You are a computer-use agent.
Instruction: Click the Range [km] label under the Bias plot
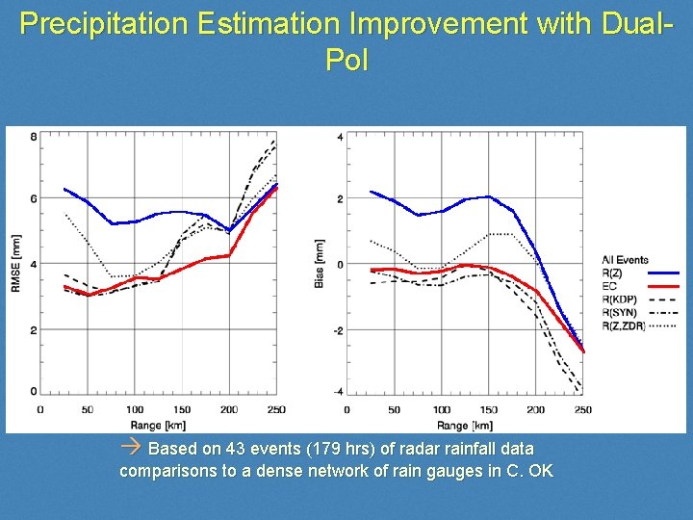[464, 424]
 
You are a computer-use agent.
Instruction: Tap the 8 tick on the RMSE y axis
[34, 137]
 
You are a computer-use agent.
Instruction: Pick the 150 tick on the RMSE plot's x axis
[182, 410]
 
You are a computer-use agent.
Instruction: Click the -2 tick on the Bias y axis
[338, 330]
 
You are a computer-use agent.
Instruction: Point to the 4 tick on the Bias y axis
[340, 137]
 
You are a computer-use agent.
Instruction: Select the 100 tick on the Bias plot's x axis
[441, 410]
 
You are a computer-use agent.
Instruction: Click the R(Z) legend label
[612, 273]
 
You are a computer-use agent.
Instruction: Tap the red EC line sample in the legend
[663, 286]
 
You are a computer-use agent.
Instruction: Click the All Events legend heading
[625, 260]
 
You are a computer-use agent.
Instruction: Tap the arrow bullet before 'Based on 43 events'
[133, 448]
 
